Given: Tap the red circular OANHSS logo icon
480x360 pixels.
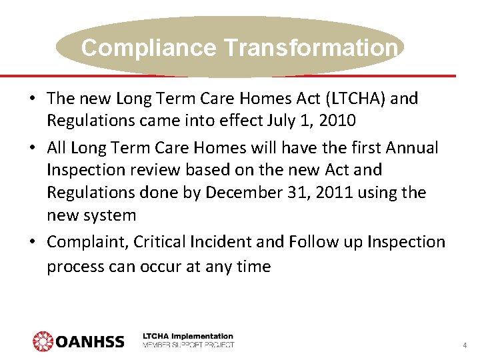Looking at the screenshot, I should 42,341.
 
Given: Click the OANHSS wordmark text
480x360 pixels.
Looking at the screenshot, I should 89,341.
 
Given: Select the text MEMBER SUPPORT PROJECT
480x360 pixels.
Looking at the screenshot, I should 188,345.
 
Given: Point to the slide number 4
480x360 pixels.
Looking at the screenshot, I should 464,345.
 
